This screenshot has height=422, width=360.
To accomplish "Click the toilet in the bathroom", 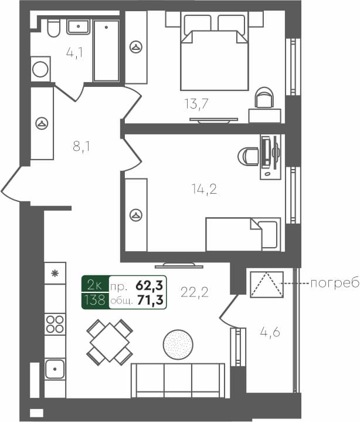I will pyautogui.click(x=53, y=28).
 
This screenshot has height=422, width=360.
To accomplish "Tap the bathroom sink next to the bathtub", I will pyautogui.click(x=77, y=27).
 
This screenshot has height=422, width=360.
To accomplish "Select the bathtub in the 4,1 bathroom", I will pyautogui.click(x=106, y=51).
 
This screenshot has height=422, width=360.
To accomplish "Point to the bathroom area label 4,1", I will pyautogui.click(x=74, y=53).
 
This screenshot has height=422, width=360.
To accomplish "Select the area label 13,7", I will pyautogui.click(x=196, y=104).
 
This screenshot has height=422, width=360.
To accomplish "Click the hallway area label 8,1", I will pyautogui.click(x=81, y=147).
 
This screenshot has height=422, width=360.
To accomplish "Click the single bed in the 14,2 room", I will pyautogui.click(x=242, y=234).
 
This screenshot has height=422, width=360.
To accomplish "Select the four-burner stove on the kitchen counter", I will pyautogui.click(x=55, y=324).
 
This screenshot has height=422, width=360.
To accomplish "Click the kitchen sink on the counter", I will pyautogui.click(x=55, y=369).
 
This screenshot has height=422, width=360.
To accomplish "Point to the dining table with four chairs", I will pyautogui.click(x=109, y=342).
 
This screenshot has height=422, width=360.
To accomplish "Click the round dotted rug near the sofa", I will pyautogui.click(x=178, y=344).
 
